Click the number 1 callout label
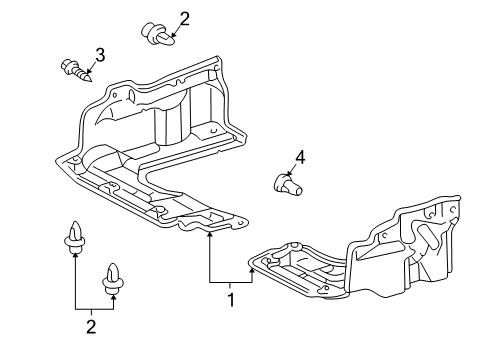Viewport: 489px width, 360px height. (x=231, y=298)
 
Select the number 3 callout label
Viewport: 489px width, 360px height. (x=100, y=54)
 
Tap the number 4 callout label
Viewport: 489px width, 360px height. (x=298, y=155)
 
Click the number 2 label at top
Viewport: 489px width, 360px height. (x=184, y=17)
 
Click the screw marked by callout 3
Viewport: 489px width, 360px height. (x=74, y=70)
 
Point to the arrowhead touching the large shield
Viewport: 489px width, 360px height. (x=210, y=236)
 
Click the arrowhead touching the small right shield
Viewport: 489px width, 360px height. (x=253, y=273)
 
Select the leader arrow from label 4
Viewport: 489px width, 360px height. (x=292, y=170)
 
